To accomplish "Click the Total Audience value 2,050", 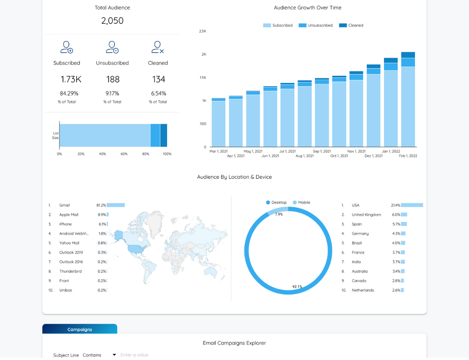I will tap(112, 21).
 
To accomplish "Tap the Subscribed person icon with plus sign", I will tap(67, 47).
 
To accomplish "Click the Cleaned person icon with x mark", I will tap(157, 47).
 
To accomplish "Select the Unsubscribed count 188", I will tap(113, 79).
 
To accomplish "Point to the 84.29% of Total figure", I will tap(69, 93).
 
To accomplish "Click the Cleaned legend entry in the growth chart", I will tap(351, 26).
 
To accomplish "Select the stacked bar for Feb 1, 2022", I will tap(408, 99).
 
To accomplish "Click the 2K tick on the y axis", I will tap(204, 54).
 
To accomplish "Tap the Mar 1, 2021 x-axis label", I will tap(219, 151).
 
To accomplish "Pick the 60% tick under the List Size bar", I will tap(124, 154).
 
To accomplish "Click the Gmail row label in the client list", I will tap(64, 205).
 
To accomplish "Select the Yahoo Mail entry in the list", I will tap(69, 243).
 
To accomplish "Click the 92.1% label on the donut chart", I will tap(297, 287).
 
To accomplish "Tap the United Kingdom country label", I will tap(366, 215).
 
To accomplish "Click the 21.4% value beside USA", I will tap(395, 205).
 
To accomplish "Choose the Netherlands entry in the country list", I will tap(363, 290).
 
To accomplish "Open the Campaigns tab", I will tap(80, 329).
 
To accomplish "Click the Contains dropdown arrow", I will tap(114, 355).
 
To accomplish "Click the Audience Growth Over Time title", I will tap(307, 8).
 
